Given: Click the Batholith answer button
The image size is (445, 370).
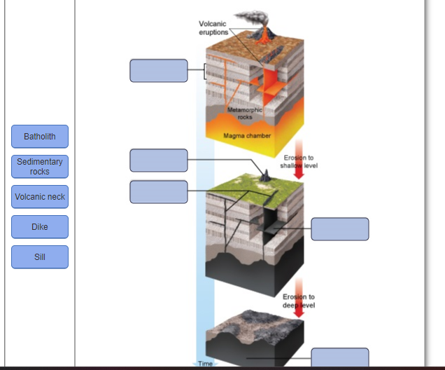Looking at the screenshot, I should coord(40,136).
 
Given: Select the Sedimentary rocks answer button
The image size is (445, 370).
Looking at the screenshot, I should coord(40,166).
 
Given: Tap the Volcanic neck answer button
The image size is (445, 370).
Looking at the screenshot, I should coord(40,197).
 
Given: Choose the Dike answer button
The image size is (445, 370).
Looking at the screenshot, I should coord(40,227).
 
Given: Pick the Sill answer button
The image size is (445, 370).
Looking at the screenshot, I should coord(40,257).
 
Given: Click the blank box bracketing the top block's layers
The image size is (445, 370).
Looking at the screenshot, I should coord(158,71).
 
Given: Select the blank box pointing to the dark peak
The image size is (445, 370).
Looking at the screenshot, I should coord(158,160).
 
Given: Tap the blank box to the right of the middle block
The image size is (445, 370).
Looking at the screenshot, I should coord(339,229).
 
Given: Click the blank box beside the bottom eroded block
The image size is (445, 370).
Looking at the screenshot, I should coord(339,358).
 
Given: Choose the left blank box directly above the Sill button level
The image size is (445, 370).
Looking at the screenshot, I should coord(158,192).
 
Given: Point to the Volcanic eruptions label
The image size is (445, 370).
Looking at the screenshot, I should coord(213,28).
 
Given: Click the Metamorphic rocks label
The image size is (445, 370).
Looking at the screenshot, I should coord(245,114).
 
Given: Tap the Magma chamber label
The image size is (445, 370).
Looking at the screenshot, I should coord(247,135).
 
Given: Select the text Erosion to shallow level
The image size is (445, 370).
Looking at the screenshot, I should coord(299,162).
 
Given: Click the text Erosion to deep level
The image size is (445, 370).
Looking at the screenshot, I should coord(299,301).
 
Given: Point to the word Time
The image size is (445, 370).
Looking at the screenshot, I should coord(205,364).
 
